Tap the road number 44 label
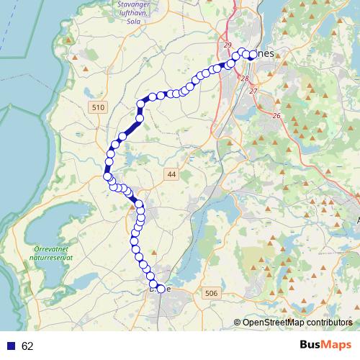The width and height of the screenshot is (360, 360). [x=171, y=174]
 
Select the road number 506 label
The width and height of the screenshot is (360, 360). [x=211, y=293]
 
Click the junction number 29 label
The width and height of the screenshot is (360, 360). [x=228, y=46]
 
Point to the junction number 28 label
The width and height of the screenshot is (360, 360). [x=245, y=78]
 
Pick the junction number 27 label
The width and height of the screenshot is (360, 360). [x=253, y=91]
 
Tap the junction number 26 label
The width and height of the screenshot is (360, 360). [x=277, y=115]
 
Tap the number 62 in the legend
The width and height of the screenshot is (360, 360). [x=28, y=346]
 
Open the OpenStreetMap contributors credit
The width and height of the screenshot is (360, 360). [x=297, y=323]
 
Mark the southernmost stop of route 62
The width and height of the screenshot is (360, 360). [x=159, y=289]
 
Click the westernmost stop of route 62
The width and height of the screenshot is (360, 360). [x=107, y=176]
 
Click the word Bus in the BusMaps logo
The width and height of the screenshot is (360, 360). [x=312, y=346]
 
